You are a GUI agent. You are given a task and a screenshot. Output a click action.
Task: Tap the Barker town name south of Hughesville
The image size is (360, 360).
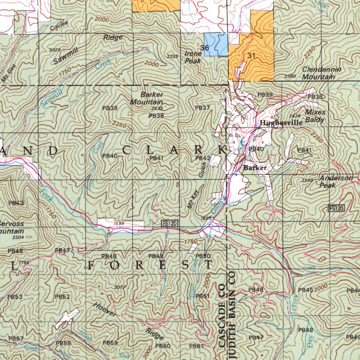tap(255, 167)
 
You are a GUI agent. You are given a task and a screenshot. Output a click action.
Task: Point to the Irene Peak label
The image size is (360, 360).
tap(193, 57)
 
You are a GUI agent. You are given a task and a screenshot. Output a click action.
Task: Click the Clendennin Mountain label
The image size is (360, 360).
tap(321, 73)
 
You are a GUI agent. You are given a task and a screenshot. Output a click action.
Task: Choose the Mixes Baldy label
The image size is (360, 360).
tap(315, 116)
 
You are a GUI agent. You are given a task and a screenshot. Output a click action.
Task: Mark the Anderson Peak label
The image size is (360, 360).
tap(336, 182)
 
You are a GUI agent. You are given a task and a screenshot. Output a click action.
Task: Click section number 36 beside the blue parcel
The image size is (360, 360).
tap(204, 48)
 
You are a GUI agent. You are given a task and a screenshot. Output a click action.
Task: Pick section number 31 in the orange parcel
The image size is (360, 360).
tap(252, 55)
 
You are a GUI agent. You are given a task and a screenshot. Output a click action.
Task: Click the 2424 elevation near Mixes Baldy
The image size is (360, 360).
tap(295, 115)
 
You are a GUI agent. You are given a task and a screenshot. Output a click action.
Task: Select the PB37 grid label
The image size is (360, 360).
tap(202, 108)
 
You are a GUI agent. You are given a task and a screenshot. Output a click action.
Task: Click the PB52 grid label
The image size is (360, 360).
tap(62, 297)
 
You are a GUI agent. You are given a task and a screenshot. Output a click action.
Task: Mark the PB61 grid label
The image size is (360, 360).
tap(197, 346)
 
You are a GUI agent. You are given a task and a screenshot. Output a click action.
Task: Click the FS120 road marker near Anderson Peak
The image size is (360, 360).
tap(336, 208)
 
